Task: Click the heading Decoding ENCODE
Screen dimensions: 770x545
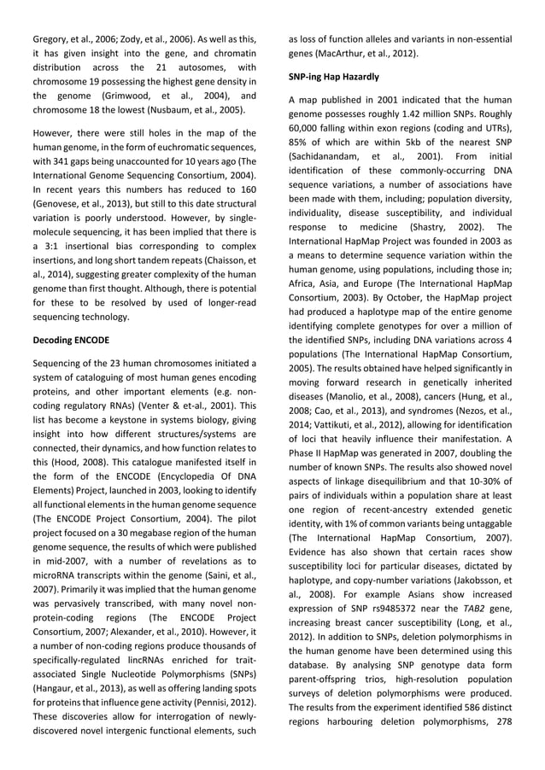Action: (x=71, y=340)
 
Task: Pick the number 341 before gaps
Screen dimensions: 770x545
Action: (x=83, y=164)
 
